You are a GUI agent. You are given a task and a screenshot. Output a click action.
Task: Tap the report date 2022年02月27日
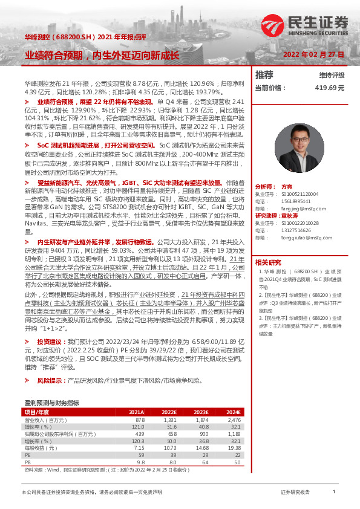[x=314, y=54]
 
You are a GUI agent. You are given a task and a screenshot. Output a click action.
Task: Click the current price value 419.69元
[x=329, y=88]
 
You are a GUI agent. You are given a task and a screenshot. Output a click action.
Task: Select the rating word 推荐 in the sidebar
[x=264, y=75]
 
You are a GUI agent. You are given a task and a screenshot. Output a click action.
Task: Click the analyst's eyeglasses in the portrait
[x=299, y=142]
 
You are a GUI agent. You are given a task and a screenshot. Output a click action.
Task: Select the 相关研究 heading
[x=268, y=262]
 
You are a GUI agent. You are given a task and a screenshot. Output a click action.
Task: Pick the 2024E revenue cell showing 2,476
[x=233, y=420]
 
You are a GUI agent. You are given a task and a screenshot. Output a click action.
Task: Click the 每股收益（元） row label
[x=38, y=448]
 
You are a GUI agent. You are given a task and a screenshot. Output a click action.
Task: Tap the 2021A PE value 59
[x=141, y=455]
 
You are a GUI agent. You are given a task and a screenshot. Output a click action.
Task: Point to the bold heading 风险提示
[x=49, y=381]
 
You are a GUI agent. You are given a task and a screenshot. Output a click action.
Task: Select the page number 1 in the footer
[x=333, y=492]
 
